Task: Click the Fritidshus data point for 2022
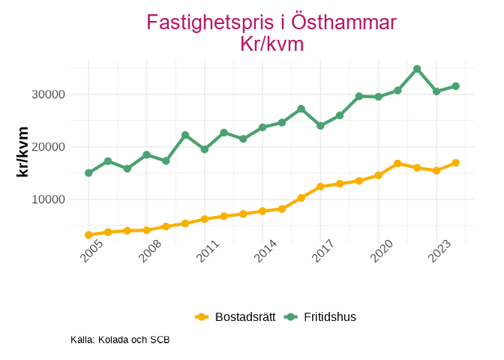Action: [417, 69]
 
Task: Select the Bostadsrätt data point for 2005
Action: [88, 235]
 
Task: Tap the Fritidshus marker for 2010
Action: [185, 135]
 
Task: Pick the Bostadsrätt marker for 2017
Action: [320, 186]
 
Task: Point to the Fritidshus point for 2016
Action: [301, 109]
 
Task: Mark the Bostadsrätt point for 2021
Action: [397, 163]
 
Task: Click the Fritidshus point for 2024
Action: [455, 86]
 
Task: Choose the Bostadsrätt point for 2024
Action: [455, 163]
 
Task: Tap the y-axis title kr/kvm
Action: [22, 151]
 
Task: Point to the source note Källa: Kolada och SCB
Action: [120, 340]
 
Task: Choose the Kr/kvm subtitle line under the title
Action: [271, 44]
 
